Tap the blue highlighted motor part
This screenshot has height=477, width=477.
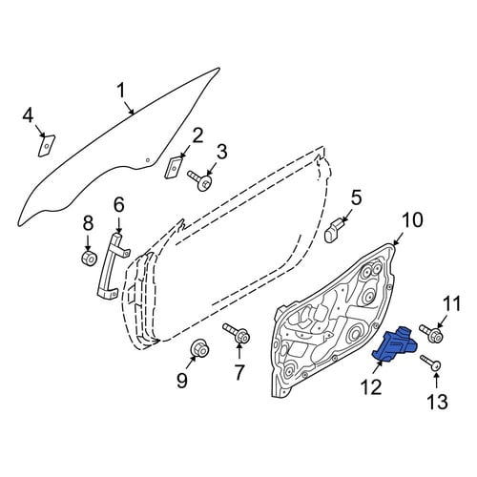coord(395,345)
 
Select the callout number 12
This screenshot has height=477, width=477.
coord(371,387)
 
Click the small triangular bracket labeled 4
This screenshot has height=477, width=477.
coord(47,146)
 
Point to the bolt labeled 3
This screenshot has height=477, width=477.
coord(200,180)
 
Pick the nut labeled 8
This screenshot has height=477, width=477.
coord(88,259)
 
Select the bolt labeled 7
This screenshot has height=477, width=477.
coord(237,333)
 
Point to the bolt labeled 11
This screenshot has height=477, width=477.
coord(431,333)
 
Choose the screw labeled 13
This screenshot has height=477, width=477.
coord(430,363)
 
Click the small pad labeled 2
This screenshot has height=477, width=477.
coord(174,166)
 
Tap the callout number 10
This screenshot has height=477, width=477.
coord(412,221)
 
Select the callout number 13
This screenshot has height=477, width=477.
coord(438,402)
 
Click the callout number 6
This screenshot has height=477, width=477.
coord(118,205)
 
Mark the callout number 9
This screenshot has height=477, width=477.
coord(182,380)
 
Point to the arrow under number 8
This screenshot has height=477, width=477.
coord(88,242)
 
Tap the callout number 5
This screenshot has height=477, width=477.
coord(356,197)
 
